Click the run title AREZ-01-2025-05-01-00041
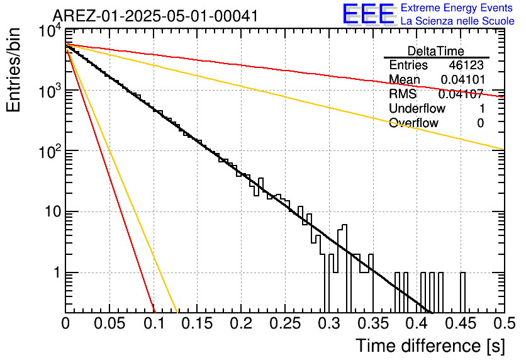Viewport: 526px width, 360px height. (x=155, y=16)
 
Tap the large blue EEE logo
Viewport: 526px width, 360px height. (x=369, y=14)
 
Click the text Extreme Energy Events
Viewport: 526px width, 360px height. (x=457, y=8)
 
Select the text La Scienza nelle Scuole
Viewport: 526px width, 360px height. (x=457, y=21)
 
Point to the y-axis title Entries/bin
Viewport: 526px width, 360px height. (x=13, y=70)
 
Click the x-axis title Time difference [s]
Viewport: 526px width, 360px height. (x=430, y=346)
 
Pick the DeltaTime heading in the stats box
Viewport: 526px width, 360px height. (x=436, y=51)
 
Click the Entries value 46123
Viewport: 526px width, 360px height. (x=466, y=65)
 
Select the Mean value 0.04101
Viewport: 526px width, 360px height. (x=463, y=79)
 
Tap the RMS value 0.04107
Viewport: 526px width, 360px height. (x=461, y=94)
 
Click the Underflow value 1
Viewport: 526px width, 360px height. (x=482, y=108)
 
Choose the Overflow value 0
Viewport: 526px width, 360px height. (x=481, y=123)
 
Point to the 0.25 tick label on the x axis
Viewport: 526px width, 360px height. (x=285, y=323)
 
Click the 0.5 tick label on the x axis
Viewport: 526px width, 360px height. (x=505, y=323)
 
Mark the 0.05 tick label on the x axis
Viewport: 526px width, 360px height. (x=109, y=323)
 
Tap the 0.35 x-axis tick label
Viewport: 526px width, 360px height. (x=373, y=323)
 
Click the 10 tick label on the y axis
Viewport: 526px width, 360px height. (x=52, y=212)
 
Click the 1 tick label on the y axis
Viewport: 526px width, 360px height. (x=57, y=273)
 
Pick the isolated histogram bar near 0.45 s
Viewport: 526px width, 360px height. (x=462, y=292)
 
